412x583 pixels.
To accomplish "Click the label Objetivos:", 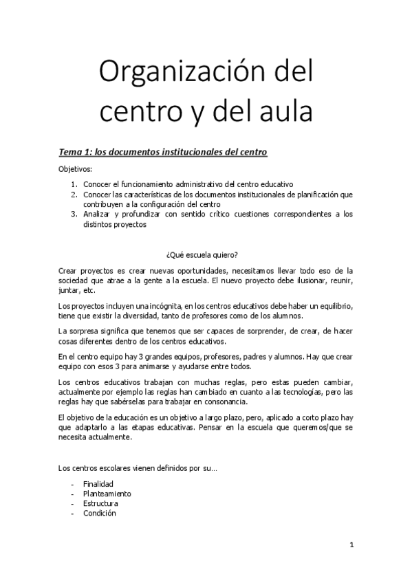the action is (x=75, y=168).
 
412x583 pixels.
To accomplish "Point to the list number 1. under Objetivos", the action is (x=74, y=184).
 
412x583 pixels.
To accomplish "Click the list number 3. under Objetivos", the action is (x=74, y=214).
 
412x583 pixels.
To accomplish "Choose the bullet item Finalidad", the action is (x=98, y=484).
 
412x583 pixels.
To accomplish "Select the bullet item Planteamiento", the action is (x=107, y=494).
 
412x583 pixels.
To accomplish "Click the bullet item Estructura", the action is (x=100, y=503).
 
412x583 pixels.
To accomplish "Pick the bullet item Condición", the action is (x=100, y=513).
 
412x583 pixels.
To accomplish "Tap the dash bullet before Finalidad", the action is (x=72, y=484).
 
